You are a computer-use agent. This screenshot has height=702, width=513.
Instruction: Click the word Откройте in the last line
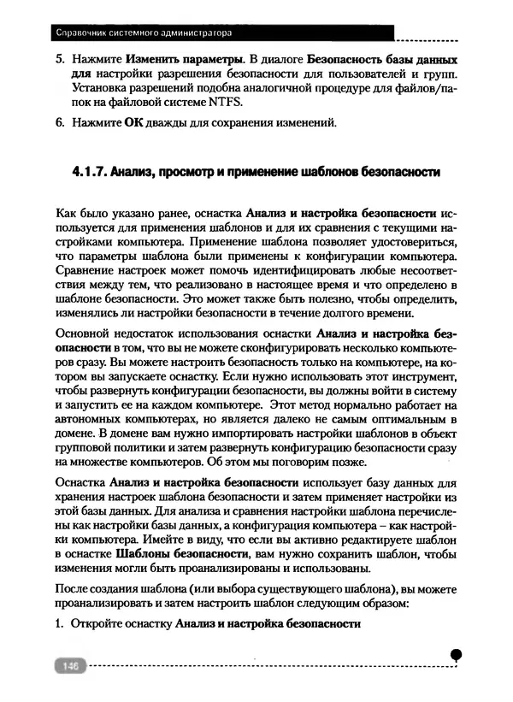(99, 622)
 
